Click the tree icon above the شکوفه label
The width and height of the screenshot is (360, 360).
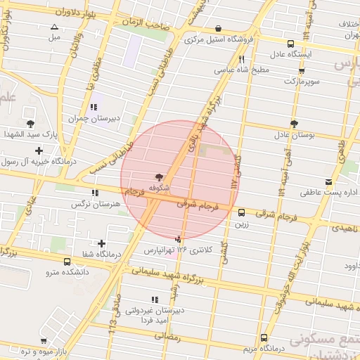(x=157, y=178)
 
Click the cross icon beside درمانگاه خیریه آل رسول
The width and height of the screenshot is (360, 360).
(x=38, y=150)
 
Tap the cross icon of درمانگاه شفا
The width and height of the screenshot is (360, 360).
(x=102, y=243)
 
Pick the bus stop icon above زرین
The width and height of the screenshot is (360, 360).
(x=242, y=212)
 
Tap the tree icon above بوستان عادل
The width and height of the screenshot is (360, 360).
(x=293, y=123)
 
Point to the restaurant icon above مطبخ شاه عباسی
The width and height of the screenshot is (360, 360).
(x=242, y=60)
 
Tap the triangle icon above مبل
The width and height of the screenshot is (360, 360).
(x=54, y=27)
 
